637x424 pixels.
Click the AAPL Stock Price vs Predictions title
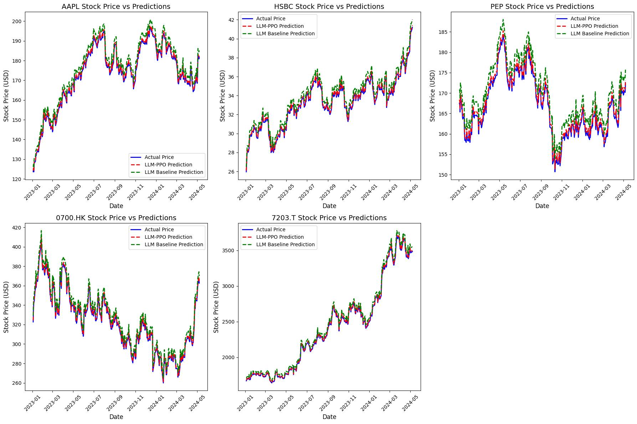coord(116,6)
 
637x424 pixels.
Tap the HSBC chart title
coord(329,6)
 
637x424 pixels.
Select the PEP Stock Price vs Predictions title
coord(542,6)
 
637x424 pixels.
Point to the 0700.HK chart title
coord(116,218)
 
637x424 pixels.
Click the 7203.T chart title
coord(329,218)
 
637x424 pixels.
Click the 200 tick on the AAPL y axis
coord(16,21)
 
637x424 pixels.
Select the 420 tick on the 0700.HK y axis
coord(16,228)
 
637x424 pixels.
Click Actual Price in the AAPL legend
coord(159,157)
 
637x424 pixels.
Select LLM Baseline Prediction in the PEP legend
coord(600,33)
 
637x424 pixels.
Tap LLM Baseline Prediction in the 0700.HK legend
coord(174,244)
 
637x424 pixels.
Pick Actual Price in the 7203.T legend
coord(271,229)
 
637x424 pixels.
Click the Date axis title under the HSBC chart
coord(329,206)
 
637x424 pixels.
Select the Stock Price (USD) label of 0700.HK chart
coord(6,307)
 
